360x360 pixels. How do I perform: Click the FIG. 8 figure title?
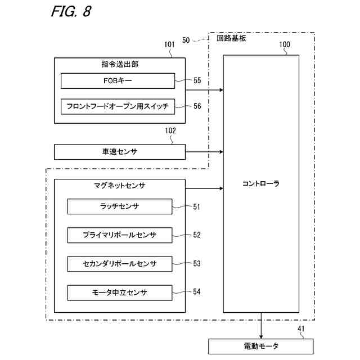tap(71, 11)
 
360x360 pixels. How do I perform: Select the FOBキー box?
tap(118, 81)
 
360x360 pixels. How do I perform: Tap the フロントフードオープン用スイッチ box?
tap(118, 106)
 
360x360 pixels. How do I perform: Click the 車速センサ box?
tap(120, 152)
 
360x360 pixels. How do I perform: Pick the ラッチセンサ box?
tap(120, 206)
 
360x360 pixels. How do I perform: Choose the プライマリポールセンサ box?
tap(120, 235)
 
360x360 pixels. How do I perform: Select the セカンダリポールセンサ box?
tap(120, 264)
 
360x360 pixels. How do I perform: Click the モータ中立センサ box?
tap(120, 292)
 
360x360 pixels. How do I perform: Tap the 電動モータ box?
tap(261, 346)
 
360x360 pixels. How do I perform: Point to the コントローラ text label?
tap(261, 184)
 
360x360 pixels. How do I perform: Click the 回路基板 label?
tap(231, 38)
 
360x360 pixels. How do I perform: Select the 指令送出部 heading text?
tap(120, 64)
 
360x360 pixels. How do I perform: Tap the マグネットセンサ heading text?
tap(120, 185)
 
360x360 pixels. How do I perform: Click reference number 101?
tap(169, 44)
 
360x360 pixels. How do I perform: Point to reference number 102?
tap(170, 130)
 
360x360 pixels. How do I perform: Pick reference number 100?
tap(285, 44)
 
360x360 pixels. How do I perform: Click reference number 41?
tap(301, 328)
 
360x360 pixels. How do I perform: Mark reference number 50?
tap(186, 40)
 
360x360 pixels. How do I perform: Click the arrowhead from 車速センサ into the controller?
tap(221, 152)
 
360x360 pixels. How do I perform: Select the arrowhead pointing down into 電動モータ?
tap(261, 336)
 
